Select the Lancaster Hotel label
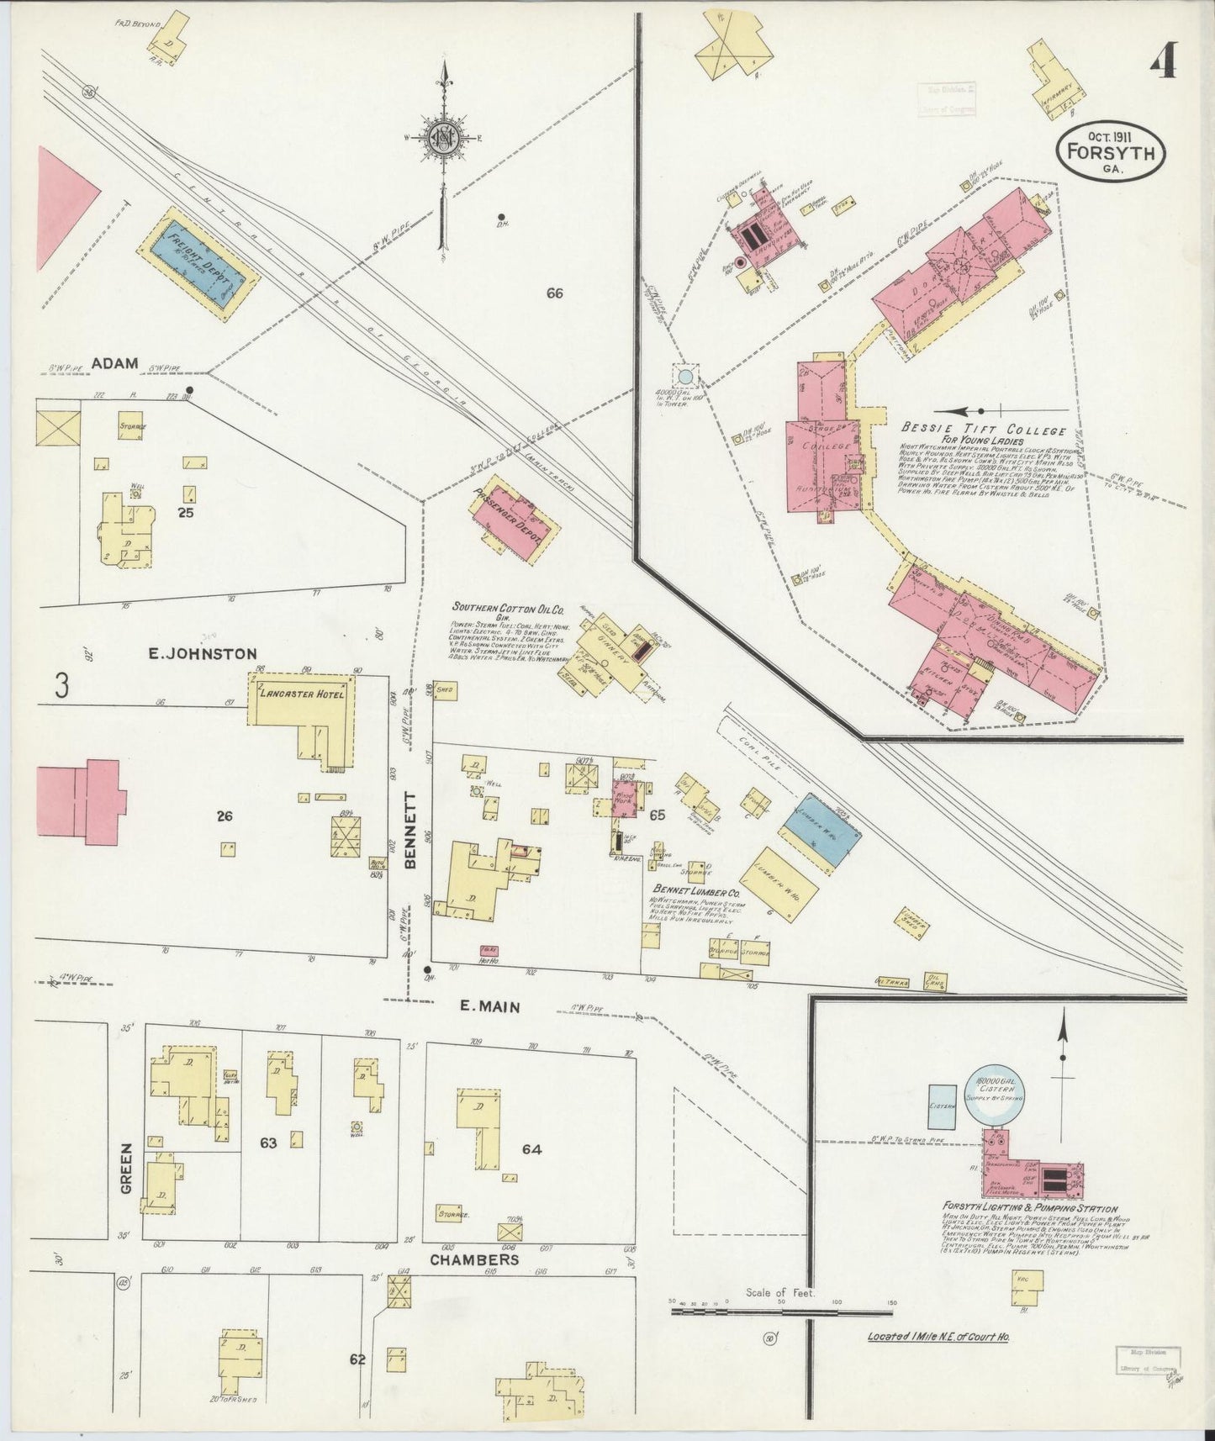coord(305,694)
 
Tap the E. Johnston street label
coord(191,653)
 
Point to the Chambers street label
coord(474,1259)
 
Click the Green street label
coord(127,1167)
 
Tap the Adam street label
coord(114,363)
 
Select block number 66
coord(553,293)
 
